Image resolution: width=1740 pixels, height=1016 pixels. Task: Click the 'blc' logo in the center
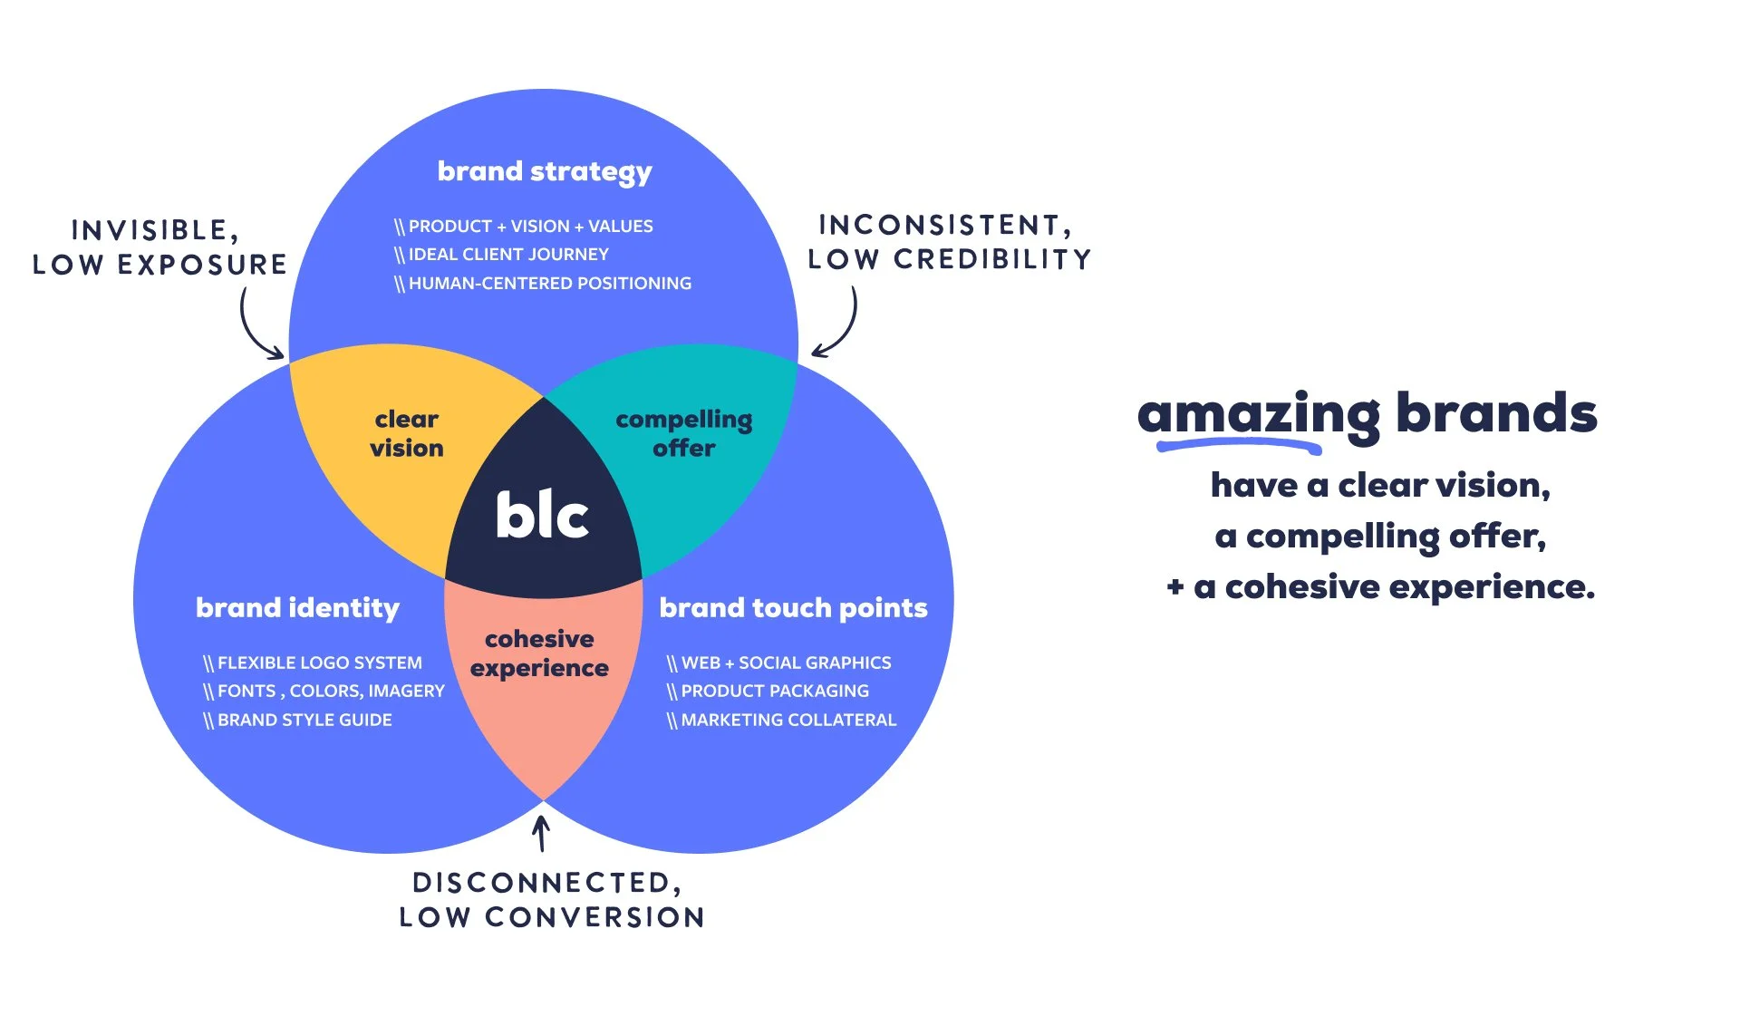(542, 516)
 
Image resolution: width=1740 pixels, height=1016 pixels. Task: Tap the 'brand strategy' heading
(545, 171)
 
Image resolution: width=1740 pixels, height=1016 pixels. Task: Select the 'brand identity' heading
(297, 607)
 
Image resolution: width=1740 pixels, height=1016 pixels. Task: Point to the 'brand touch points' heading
(793, 607)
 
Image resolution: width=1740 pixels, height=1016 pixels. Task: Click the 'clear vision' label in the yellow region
(407, 433)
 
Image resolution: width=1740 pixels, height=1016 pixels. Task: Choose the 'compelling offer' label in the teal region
(684, 433)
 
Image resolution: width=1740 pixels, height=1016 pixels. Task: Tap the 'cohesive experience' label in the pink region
(539, 653)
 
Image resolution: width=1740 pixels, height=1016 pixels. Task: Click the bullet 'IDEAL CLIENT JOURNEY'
(507, 255)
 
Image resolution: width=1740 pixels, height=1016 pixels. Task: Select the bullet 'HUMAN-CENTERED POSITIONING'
(548, 284)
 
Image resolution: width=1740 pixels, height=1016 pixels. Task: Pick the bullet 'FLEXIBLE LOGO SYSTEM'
(319, 663)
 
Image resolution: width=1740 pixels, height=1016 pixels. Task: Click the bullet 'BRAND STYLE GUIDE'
(304, 720)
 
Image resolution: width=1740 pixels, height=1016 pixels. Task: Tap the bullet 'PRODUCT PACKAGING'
(774, 691)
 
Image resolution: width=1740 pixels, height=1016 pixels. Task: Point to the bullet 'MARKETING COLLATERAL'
(788, 720)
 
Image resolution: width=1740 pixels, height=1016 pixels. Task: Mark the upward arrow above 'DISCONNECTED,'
(541, 833)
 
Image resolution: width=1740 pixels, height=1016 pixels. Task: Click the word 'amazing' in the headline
(1258, 414)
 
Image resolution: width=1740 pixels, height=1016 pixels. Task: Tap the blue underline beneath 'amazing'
(1238, 444)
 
